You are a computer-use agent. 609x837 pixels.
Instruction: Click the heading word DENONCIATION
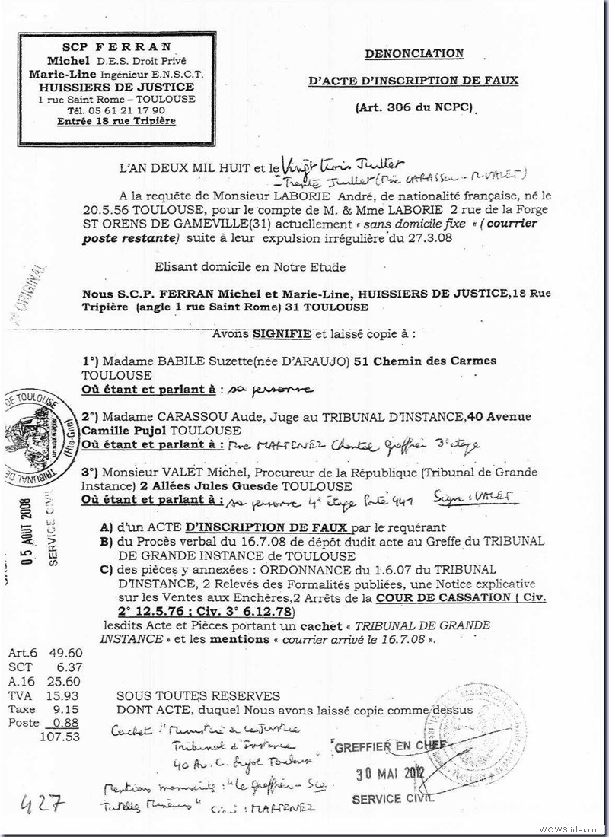click(x=413, y=54)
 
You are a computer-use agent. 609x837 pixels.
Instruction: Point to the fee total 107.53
click(x=59, y=737)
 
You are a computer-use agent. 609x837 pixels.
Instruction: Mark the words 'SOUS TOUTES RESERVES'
click(x=198, y=695)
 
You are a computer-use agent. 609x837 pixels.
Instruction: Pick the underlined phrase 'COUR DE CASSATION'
click(x=448, y=597)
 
